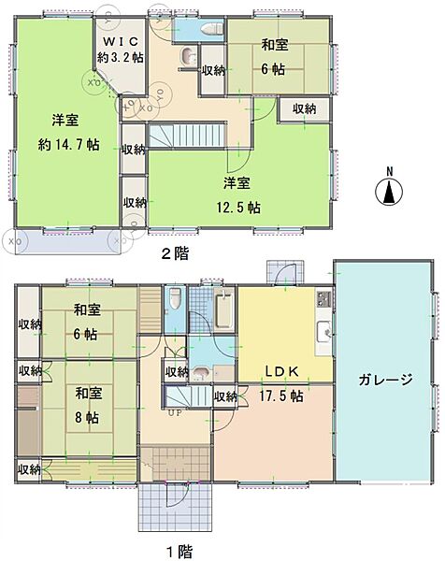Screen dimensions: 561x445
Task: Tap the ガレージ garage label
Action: point(385,381)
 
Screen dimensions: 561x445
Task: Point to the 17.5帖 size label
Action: point(280,396)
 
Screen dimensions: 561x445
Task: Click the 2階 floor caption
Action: point(175,253)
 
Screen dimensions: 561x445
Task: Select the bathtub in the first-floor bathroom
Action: point(223,307)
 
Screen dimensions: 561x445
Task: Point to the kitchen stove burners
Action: point(323,299)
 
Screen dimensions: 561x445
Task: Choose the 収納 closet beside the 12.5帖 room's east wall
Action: point(304,108)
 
